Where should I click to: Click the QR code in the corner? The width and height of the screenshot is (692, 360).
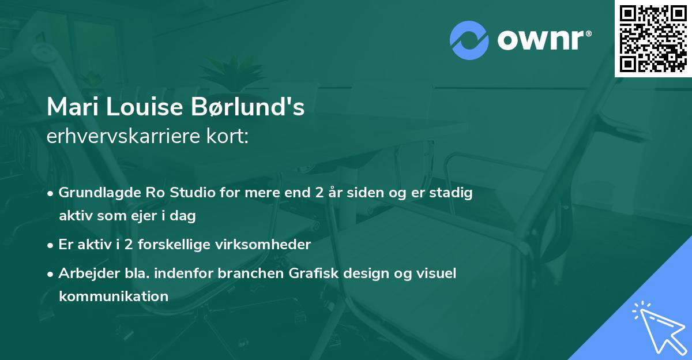click(653, 38)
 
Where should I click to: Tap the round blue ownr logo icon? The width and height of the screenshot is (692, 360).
click(469, 40)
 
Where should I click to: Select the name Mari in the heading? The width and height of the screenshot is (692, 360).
click(68, 107)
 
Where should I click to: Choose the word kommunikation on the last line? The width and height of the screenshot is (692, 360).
click(113, 297)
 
